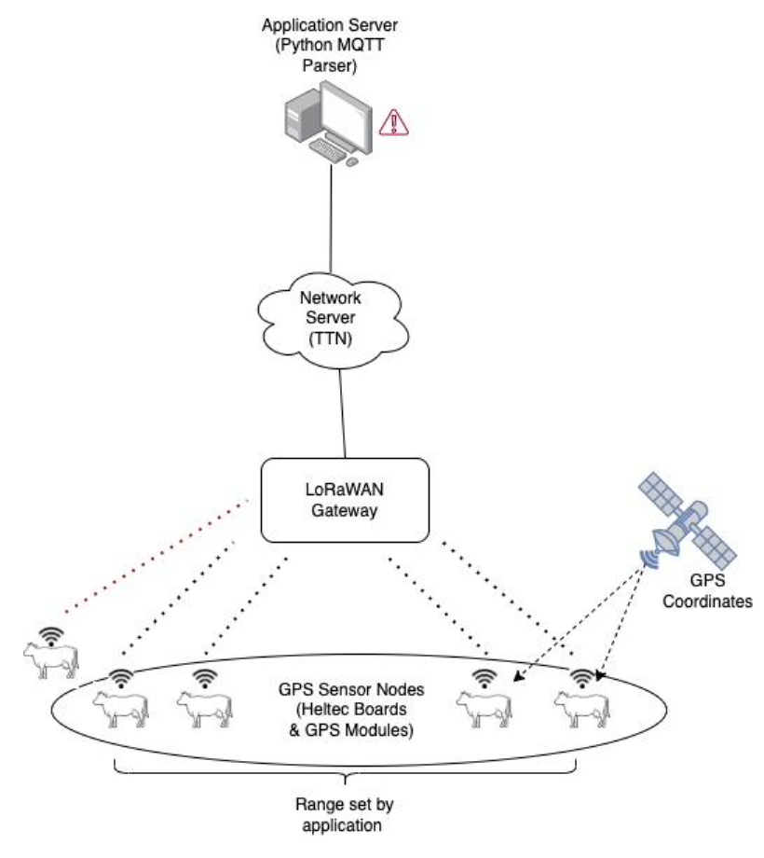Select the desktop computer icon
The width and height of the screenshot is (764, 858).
pyautogui.click(x=329, y=123)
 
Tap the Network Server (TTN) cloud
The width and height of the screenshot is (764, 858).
pyautogui.click(x=333, y=320)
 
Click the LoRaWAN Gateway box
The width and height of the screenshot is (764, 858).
pyautogui.click(x=345, y=500)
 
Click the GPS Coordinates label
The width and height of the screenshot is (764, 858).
pyautogui.click(x=707, y=591)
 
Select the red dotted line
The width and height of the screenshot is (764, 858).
pyautogui.click(x=157, y=556)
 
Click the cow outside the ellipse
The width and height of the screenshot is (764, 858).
pyautogui.click(x=51, y=661)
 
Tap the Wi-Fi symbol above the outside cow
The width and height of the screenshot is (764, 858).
pyautogui.click(x=51, y=636)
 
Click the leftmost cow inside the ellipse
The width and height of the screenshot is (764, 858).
pyautogui.click(x=120, y=709)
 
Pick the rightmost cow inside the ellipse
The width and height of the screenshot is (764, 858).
pyautogui.click(x=582, y=709)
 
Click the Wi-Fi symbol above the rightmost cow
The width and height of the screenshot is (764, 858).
pyautogui.click(x=582, y=679)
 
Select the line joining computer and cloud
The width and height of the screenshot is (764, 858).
pyautogui.click(x=331, y=218)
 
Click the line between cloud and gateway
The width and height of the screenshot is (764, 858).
pyautogui.click(x=343, y=413)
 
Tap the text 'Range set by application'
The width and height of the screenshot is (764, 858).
pyautogui.click(x=344, y=815)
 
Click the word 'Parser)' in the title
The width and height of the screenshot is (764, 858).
pyautogui.click(x=330, y=65)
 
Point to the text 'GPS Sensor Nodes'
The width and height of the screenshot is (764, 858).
pyautogui.click(x=351, y=689)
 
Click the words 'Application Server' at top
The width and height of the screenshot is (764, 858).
pyautogui.click(x=330, y=24)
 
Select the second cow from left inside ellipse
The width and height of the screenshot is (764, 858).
pyautogui.click(x=204, y=709)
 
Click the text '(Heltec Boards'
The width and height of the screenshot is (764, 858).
pyautogui.click(x=351, y=710)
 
